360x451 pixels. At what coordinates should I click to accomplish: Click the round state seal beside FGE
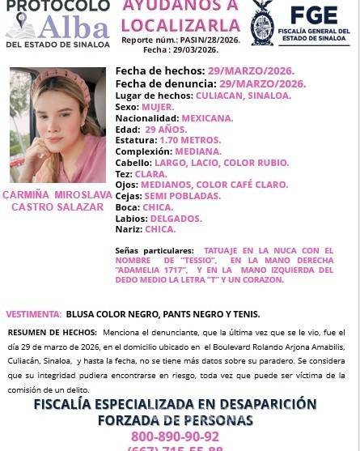tap(262, 22)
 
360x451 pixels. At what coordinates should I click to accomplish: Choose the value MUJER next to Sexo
tap(158, 106)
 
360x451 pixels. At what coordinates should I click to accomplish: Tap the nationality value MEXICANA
tap(206, 117)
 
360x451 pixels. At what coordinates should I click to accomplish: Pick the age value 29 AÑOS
tap(166, 129)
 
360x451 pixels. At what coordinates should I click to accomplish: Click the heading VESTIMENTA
tap(33, 313)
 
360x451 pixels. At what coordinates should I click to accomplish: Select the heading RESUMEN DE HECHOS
tap(52, 333)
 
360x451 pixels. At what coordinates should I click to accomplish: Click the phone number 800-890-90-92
tap(180, 437)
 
